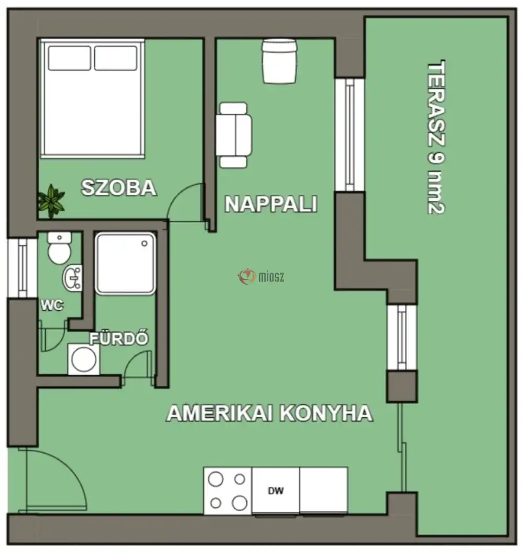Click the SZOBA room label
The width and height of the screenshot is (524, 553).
(x=119, y=188)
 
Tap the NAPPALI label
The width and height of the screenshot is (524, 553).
(x=271, y=204)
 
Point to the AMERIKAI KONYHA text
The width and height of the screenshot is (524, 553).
(x=269, y=414)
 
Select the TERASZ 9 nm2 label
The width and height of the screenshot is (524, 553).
(x=436, y=138)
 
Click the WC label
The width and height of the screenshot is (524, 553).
(x=53, y=306)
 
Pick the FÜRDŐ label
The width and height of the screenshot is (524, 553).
(x=119, y=339)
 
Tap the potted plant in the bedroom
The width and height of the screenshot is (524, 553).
(x=51, y=200)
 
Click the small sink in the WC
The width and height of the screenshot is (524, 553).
(x=72, y=278)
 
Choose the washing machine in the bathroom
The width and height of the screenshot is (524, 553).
(x=83, y=359)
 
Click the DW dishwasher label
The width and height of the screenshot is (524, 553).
(x=276, y=491)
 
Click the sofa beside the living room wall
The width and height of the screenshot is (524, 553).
(x=234, y=135)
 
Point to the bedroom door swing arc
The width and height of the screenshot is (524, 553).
(x=184, y=202)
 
